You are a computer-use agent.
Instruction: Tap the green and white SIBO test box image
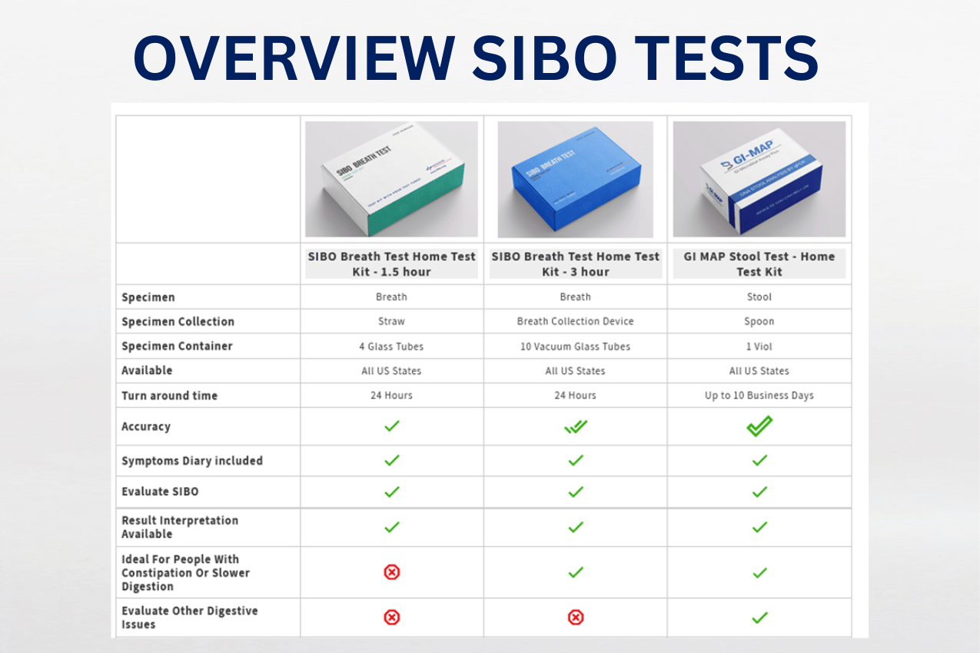pyautogui.click(x=391, y=179)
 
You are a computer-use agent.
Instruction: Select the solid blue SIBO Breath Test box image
pyautogui.click(x=575, y=179)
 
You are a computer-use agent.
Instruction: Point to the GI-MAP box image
pyautogui.click(x=759, y=179)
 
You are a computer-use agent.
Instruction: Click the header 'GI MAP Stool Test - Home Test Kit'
pyautogui.click(x=759, y=264)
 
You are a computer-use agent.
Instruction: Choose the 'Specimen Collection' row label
pyautogui.click(x=178, y=322)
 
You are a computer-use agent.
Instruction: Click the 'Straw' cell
pyautogui.click(x=391, y=322)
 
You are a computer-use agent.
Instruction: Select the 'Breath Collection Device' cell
pyautogui.click(x=575, y=322)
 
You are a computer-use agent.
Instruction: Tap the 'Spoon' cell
pyautogui.click(x=759, y=322)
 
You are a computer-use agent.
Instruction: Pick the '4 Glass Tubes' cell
pyautogui.click(x=391, y=346)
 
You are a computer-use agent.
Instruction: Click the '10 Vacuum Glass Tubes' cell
pyautogui.click(x=575, y=346)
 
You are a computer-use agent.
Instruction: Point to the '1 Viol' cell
pyautogui.click(x=759, y=346)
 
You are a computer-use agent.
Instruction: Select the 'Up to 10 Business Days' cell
pyautogui.click(x=759, y=396)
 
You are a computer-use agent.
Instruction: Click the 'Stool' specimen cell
pyautogui.click(x=759, y=297)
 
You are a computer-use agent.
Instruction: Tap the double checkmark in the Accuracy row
pyautogui.click(x=575, y=426)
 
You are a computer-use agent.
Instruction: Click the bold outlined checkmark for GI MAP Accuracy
pyautogui.click(x=759, y=426)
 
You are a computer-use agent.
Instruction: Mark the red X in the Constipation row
pyautogui.click(x=392, y=572)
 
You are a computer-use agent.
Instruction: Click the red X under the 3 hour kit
pyautogui.click(x=575, y=617)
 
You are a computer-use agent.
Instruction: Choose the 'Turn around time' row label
pyautogui.click(x=169, y=396)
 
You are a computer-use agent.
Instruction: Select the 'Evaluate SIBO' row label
pyautogui.click(x=160, y=492)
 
